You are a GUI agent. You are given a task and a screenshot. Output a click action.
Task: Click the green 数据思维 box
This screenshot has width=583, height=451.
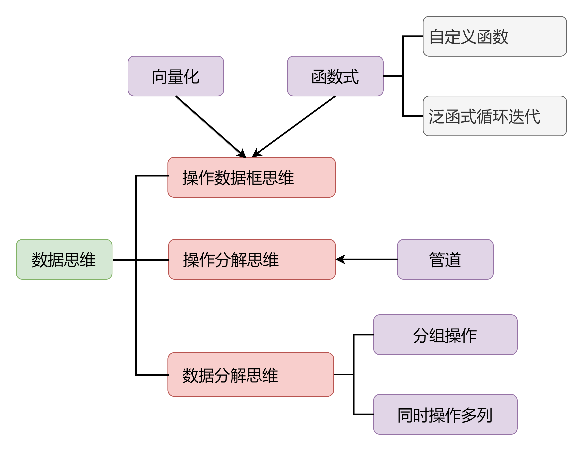64,259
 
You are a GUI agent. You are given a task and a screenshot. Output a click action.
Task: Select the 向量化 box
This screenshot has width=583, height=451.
176,76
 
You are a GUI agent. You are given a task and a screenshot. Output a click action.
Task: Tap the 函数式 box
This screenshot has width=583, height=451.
335,76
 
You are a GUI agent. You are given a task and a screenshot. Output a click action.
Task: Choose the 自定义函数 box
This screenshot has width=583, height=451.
494,36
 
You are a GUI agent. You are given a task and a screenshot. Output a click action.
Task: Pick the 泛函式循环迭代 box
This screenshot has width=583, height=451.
494,116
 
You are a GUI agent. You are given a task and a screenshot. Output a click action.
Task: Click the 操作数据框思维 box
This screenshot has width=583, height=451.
251,177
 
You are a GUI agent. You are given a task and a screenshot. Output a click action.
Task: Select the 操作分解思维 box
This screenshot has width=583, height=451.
252,259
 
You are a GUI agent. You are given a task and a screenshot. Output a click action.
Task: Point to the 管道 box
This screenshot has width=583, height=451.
445,259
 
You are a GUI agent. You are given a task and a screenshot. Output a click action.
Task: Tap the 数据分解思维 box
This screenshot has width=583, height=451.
251,375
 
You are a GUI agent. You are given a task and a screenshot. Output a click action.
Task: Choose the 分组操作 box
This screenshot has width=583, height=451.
445,335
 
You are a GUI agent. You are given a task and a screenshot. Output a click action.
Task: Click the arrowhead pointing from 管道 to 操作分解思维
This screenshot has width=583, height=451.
340,259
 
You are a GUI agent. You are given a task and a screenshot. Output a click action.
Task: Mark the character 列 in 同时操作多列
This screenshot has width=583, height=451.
485,415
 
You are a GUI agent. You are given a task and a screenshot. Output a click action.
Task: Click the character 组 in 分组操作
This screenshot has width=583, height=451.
437,335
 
